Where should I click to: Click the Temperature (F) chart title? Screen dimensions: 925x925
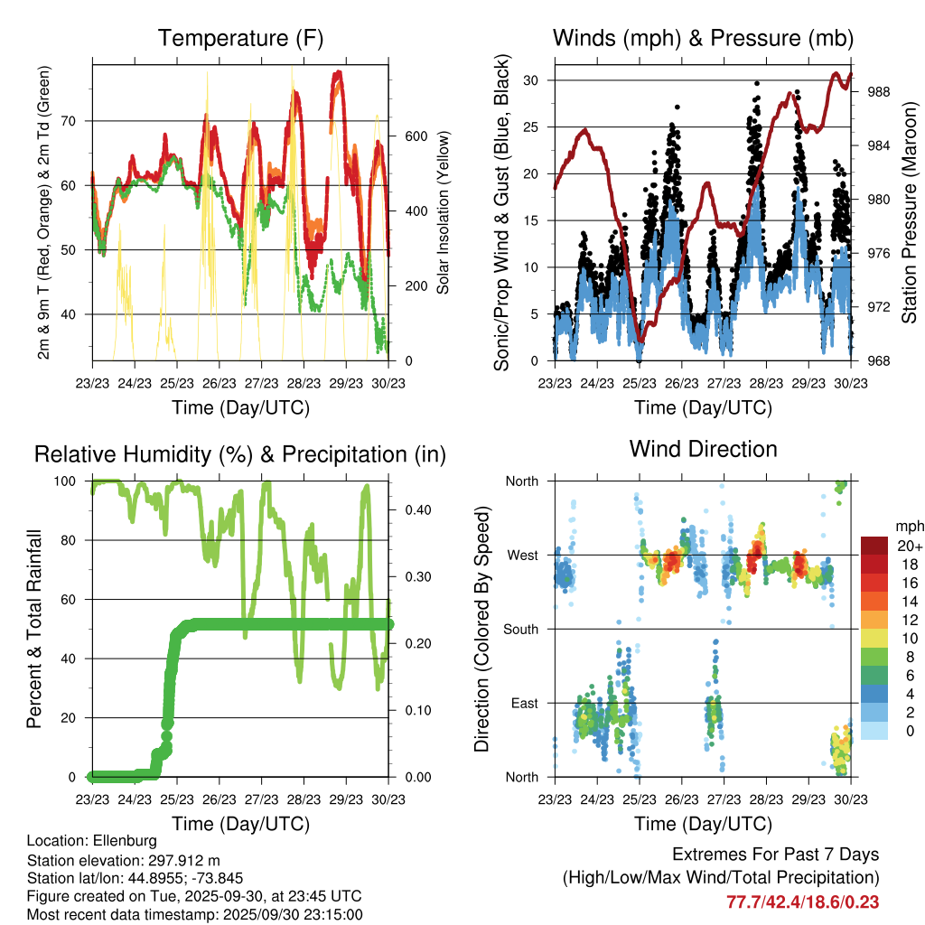point(240,38)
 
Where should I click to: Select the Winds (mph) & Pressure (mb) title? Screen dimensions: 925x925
point(704,38)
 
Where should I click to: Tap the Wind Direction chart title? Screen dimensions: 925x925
point(704,448)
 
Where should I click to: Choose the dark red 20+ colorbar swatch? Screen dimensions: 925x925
point(874,546)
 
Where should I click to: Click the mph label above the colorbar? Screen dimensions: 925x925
point(908,526)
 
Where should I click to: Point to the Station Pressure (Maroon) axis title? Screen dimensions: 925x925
point(910,212)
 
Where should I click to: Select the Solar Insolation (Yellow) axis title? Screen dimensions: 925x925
point(444,212)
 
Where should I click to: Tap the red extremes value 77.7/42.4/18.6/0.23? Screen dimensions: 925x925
point(802,902)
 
